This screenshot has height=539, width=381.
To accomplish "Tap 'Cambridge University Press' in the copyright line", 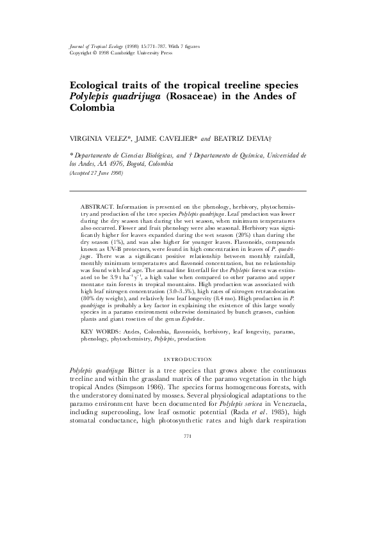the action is (135, 54).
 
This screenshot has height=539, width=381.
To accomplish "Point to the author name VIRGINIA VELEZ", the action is (99, 137).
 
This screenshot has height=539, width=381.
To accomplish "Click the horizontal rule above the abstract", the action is (188, 191).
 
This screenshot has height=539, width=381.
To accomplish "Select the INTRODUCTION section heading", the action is (188, 360).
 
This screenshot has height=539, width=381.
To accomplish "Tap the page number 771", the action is (188, 436).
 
